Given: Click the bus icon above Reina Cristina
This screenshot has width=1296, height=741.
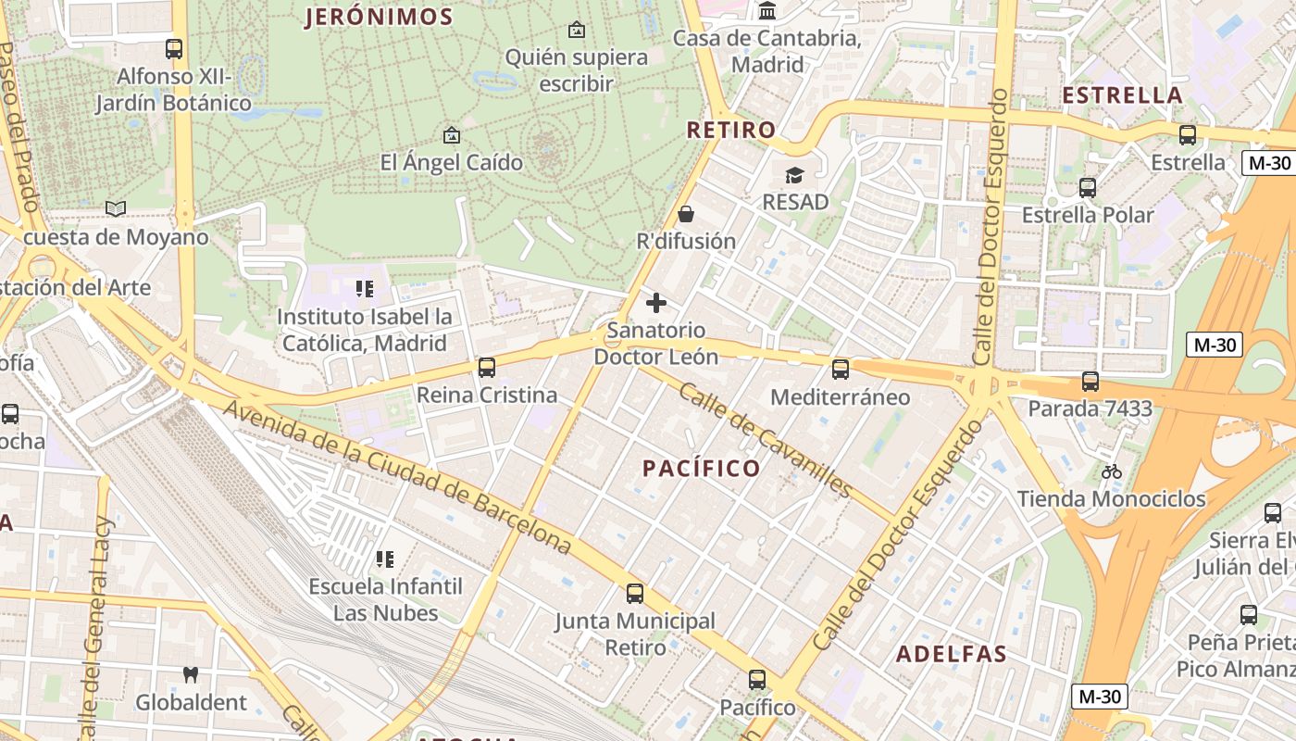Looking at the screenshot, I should click(x=487, y=368).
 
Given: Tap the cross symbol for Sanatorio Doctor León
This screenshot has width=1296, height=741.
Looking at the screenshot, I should click(x=656, y=303).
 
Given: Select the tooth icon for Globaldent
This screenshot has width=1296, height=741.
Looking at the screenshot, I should click(x=191, y=675).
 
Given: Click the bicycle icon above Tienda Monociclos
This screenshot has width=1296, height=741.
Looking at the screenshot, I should click(x=1112, y=471).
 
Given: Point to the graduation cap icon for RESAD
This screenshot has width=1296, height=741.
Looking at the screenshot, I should click(x=794, y=175).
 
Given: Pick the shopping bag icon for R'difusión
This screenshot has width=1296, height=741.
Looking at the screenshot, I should click(x=686, y=214).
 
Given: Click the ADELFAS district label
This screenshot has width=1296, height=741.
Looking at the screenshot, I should click(x=951, y=654).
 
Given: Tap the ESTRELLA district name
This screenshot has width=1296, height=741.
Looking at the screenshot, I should click(x=1122, y=95).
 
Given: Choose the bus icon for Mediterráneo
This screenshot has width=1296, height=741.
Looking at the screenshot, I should click(x=841, y=370).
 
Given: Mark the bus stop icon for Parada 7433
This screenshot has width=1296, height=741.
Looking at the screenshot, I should click(x=1090, y=382).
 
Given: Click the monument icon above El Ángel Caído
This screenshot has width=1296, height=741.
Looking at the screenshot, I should click(x=451, y=135).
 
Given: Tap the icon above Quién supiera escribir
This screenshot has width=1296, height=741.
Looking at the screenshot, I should click(x=577, y=30).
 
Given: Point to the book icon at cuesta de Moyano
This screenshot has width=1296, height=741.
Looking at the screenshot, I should click(x=116, y=209).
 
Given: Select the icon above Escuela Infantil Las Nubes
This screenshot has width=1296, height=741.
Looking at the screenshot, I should click(x=385, y=559).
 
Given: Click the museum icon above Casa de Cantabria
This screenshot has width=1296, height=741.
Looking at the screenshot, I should click(x=766, y=11).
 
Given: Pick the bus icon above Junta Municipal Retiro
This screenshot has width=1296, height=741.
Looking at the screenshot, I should click(x=635, y=594).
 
